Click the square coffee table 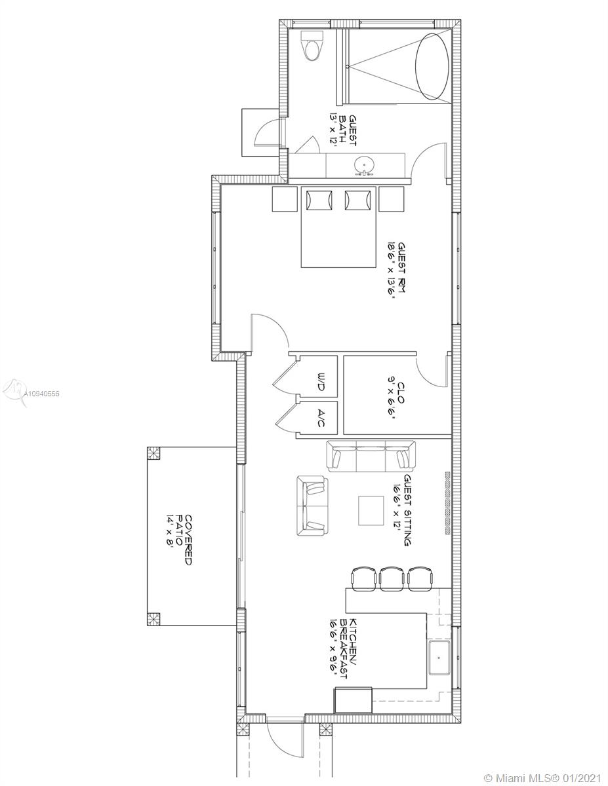371,510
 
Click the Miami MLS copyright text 542,777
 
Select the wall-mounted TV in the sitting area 447,505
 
